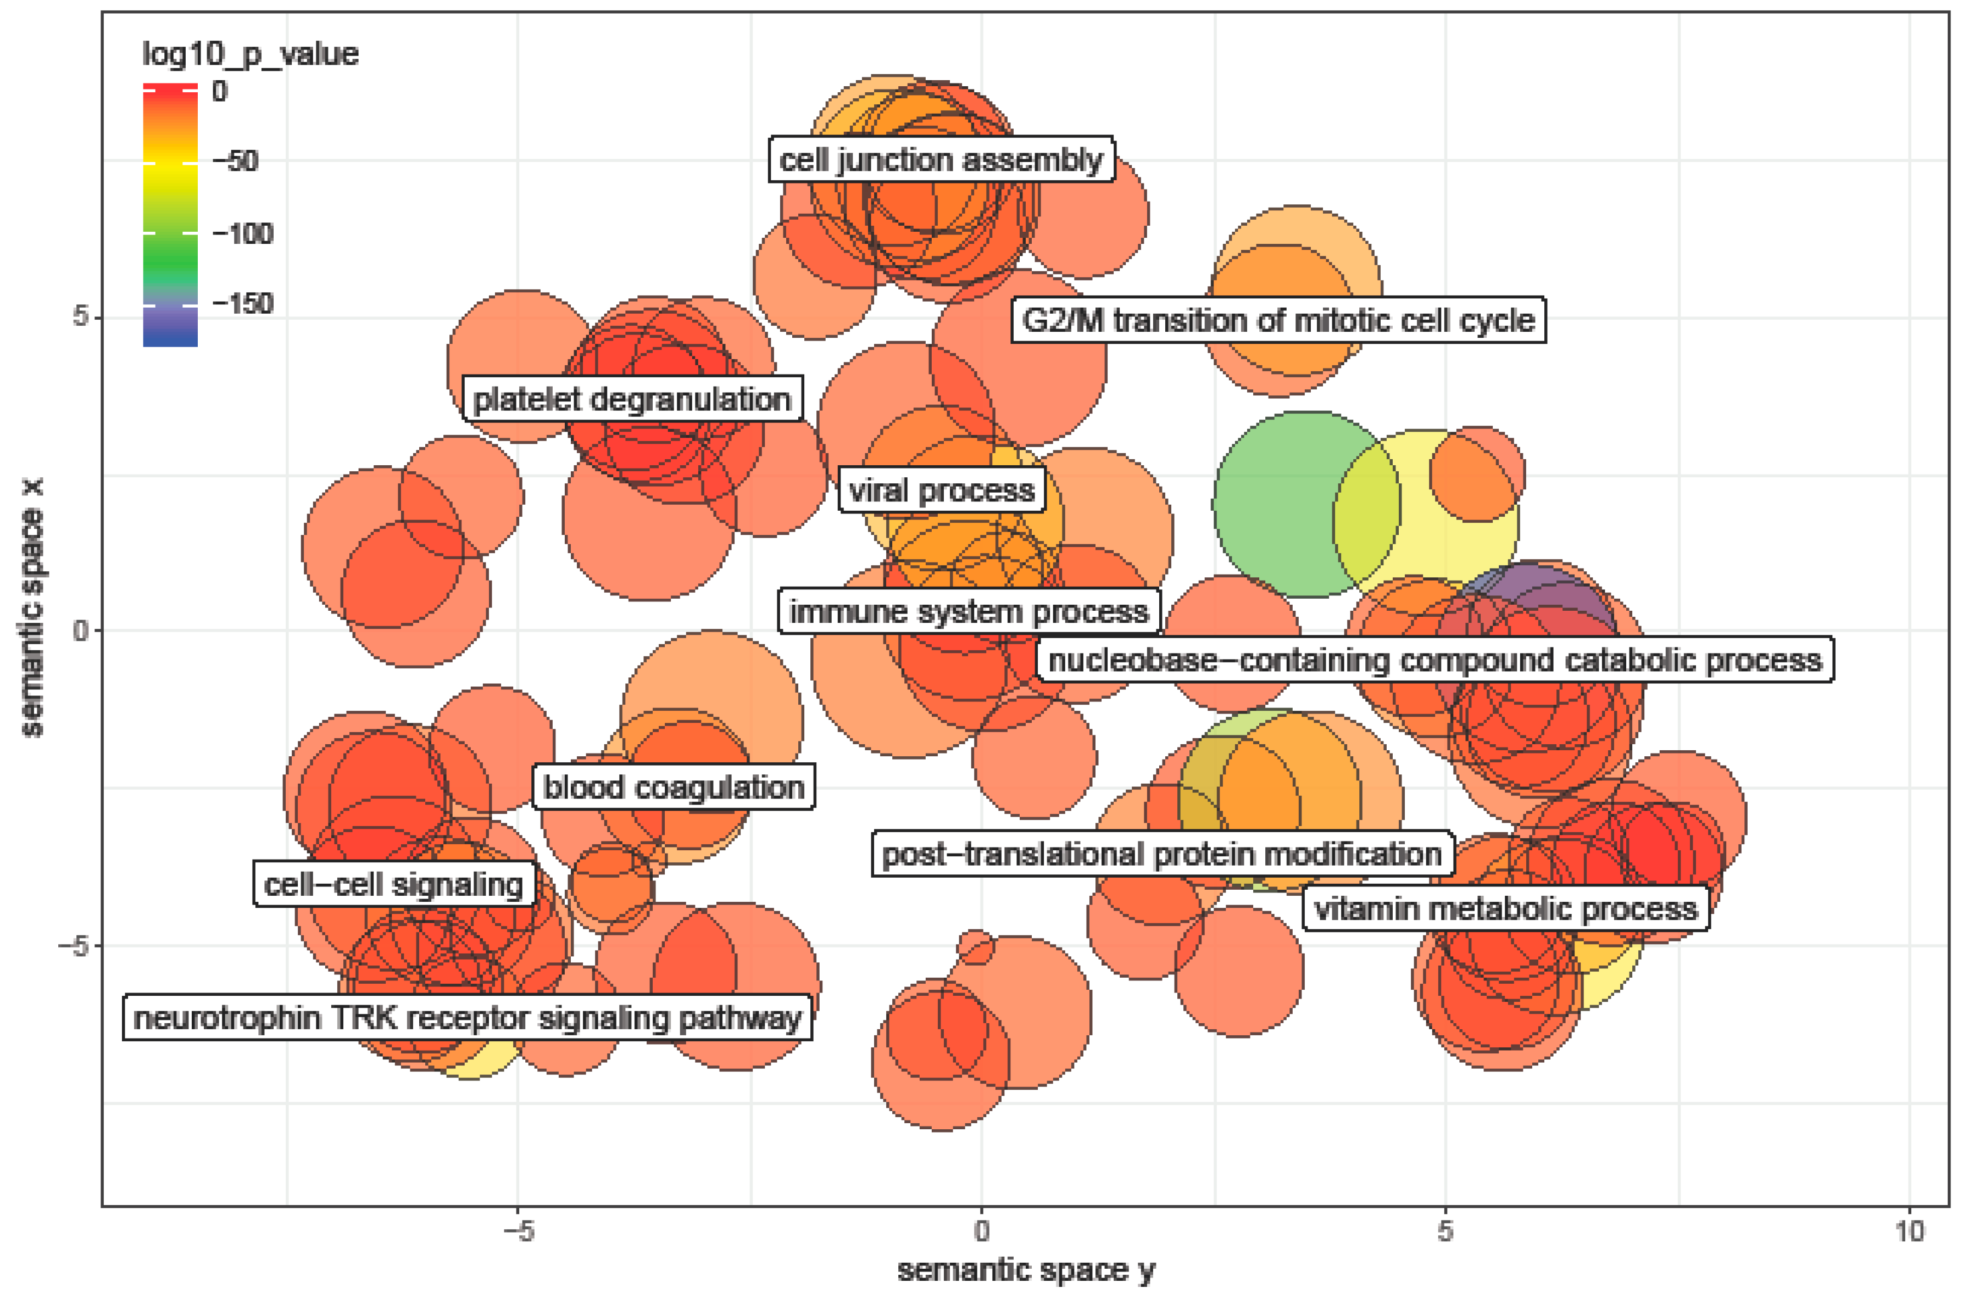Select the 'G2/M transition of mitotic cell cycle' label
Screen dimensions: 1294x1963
(1278, 320)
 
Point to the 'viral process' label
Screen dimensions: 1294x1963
(942, 491)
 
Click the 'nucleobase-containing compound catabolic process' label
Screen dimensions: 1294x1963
(1434, 660)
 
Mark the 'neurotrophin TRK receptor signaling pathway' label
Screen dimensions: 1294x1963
(467, 1018)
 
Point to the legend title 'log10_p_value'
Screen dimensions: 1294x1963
(250, 54)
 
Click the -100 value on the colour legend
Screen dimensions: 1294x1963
(243, 233)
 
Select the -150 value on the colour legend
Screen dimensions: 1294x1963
(243, 304)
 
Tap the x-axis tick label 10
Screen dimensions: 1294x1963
(1909, 1231)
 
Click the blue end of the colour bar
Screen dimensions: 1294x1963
(170, 337)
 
